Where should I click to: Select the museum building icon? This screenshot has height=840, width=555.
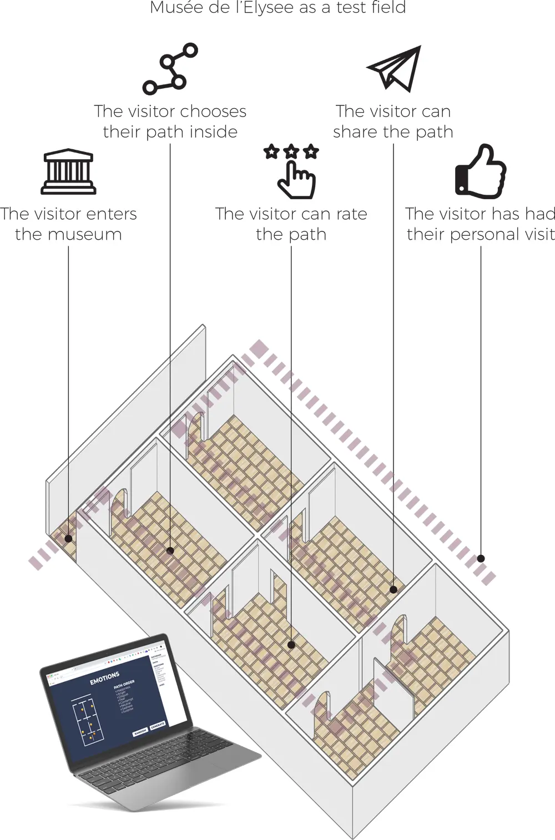point(68,171)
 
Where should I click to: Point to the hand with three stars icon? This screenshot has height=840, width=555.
point(292,171)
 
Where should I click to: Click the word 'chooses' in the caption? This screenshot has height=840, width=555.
point(213,112)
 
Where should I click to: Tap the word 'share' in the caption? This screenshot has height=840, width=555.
point(356,132)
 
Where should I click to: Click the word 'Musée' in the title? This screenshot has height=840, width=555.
point(169,8)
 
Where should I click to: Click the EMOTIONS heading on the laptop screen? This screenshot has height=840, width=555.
point(104,678)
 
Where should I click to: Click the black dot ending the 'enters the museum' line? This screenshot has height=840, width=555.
point(68,538)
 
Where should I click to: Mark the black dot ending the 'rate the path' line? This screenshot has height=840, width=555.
point(291,645)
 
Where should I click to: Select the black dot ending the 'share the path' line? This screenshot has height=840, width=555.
point(393,589)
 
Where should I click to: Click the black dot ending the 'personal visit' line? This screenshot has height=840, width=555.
point(481,559)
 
